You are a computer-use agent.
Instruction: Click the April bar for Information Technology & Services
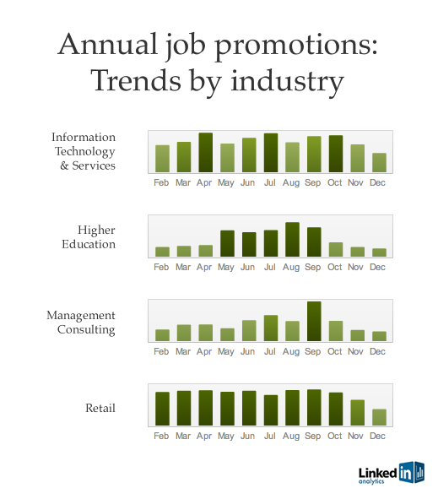(x=205, y=153)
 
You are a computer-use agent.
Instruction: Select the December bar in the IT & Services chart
(x=379, y=163)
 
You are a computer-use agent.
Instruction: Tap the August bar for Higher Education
(x=292, y=239)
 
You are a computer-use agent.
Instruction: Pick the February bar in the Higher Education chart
(x=162, y=252)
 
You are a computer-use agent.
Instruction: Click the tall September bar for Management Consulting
(x=314, y=321)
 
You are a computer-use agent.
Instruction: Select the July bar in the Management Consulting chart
(x=271, y=328)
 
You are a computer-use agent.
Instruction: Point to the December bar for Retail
(x=379, y=417)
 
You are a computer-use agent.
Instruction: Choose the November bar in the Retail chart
(x=358, y=413)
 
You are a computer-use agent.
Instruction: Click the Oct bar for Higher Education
(x=336, y=250)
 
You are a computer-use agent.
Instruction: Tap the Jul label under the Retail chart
(x=269, y=436)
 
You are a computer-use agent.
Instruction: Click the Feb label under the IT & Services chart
(x=161, y=182)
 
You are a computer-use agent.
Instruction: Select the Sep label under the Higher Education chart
(x=312, y=268)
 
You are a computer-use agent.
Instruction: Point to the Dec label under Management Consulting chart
(x=377, y=351)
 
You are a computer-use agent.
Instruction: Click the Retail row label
(x=100, y=408)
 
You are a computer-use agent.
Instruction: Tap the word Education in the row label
(x=89, y=244)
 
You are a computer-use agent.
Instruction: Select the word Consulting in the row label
(x=86, y=329)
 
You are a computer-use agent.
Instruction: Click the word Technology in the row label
(x=85, y=152)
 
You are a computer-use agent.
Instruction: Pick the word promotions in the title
(x=293, y=45)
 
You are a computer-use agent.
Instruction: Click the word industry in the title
(x=287, y=81)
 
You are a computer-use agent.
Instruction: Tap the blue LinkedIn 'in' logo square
(x=406, y=473)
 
